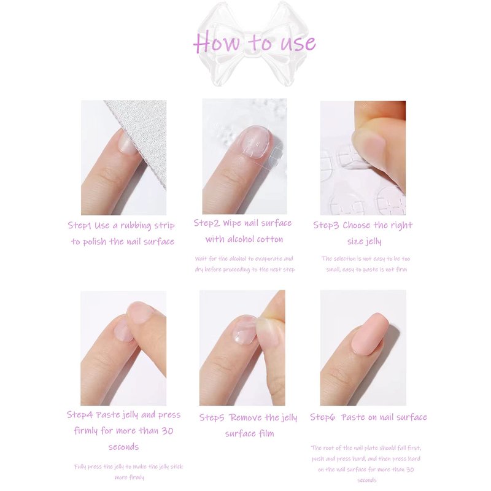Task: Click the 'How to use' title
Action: click(x=254, y=42)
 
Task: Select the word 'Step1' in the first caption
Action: click(x=80, y=225)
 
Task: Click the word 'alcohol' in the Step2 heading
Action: click(x=242, y=239)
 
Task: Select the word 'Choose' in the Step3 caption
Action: click(x=357, y=225)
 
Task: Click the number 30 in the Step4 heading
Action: click(x=168, y=431)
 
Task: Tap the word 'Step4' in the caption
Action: click(x=80, y=415)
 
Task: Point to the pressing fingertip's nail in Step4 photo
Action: click(x=140, y=312)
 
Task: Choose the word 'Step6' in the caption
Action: click(x=323, y=417)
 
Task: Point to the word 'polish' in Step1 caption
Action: click(x=95, y=242)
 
